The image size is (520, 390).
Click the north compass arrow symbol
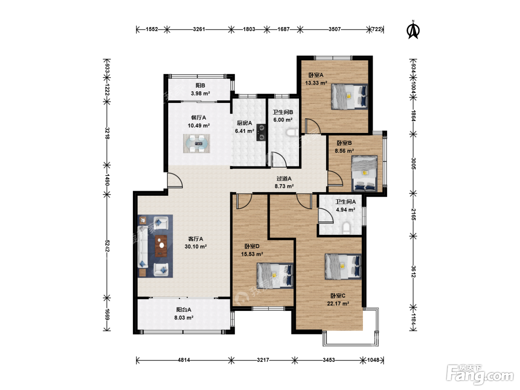pyautogui.click(x=413, y=30)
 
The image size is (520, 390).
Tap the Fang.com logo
pyautogui.click(x=480, y=374)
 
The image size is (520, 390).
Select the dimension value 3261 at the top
pyautogui.click(x=199, y=29)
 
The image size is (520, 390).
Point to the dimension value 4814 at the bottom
pyautogui.click(x=184, y=360)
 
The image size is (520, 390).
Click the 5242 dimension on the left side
pyautogui.click(x=107, y=246)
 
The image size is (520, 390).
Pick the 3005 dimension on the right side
pyautogui.click(x=413, y=164)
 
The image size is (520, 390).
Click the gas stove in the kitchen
pyautogui.click(x=261, y=132)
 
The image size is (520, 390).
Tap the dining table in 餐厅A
pyautogui.click(x=196, y=143)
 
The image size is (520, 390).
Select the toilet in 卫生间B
pyautogui.click(x=292, y=132)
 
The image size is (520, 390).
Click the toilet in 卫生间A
pyautogui.click(x=346, y=228)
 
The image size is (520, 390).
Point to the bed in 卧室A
pyautogui.click(x=350, y=96)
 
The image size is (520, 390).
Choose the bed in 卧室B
pyautogui.click(x=364, y=173)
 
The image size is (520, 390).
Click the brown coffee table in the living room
pyautogui.click(x=161, y=246)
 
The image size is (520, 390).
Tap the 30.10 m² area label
pyautogui.click(x=196, y=247)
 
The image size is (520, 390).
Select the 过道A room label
pyautogui.click(x=284, y=179)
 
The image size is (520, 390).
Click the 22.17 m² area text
pyautogui.click(x=338, y=303)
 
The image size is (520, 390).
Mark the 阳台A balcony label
pyautogui.click(x=183, y=309)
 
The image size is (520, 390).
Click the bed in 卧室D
pyautogui.click(x=275, y=276)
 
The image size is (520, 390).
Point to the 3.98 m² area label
pyautogui.click(x=201, y=94)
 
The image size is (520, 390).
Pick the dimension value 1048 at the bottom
pyautogui.click(x=373, y=360)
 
